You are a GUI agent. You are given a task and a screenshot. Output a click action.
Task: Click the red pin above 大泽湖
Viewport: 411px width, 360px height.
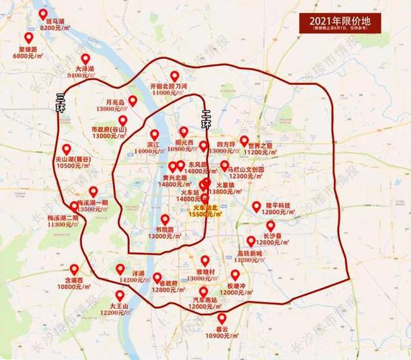pyautogui.click(x=86, y=58)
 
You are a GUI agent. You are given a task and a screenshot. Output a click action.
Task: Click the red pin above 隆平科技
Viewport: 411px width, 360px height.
pyautogui.click(x=257, y=207)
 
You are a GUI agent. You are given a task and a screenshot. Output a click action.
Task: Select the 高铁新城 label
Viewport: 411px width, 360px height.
pyautogui.click(x=250, y=253)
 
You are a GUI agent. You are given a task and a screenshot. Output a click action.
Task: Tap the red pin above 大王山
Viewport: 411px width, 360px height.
pyautogui.click(x=119, y=295)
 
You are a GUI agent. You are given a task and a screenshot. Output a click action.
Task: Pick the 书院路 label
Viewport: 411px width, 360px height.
pyautogui.click(x=165, y=230)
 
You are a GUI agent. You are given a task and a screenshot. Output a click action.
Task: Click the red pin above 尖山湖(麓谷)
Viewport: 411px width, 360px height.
pyautogui.click(x=67, y=149)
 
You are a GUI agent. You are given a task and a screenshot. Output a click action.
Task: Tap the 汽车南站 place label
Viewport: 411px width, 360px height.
pyautogui.click(x=204, y=299)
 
